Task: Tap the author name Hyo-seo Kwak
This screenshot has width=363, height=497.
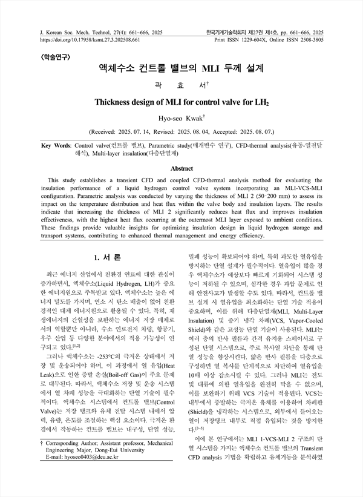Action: pyautogui.click(x=180, y=117)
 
